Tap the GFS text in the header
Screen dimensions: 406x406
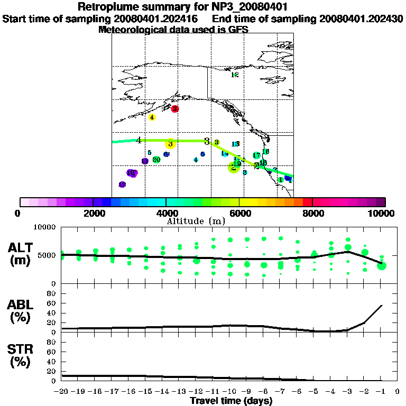pos(238,30)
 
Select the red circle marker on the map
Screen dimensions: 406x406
pos(175,109)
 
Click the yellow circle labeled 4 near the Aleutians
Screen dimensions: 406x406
pos(152,117)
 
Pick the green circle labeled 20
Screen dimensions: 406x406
pos(156,160)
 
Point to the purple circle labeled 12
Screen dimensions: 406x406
pos(122,184)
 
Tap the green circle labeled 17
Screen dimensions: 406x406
pos(256,155)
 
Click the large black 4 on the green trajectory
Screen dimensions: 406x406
pos(139,140)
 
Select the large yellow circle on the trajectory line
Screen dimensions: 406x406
pos(170,144)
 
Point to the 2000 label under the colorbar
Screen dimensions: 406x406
pos(93,213)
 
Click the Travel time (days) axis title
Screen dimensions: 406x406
pos(232,401)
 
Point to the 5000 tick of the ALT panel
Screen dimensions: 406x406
pos(48,255)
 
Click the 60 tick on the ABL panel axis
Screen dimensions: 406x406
pos(52,303)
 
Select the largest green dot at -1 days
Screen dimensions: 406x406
pos(382,265)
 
